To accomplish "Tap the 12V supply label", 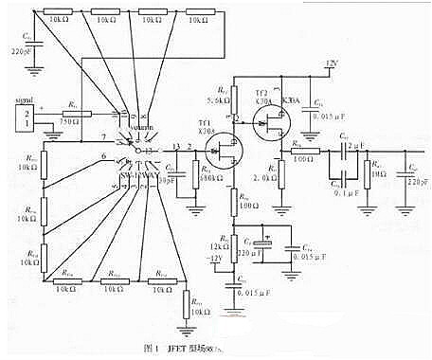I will [331, 63].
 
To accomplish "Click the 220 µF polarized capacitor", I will [267, 243].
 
